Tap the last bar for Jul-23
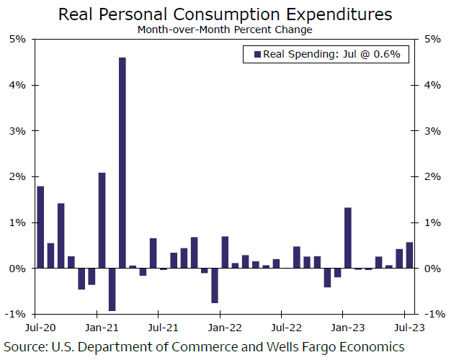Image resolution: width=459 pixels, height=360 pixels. (x=409, y=255)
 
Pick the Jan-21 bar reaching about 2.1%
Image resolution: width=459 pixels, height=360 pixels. (x=102, y=220)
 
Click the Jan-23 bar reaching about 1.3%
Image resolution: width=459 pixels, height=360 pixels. (x=348, y=238)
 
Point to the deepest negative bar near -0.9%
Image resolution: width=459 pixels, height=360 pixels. (x=112, y=289)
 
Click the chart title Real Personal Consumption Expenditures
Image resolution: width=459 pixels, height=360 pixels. (x=226, y=14)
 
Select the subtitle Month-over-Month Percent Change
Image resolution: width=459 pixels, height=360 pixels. (x=226, y=30)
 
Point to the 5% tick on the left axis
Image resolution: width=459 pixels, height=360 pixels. (x=17, y=39)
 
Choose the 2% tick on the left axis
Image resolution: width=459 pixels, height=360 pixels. (x=17, y=176)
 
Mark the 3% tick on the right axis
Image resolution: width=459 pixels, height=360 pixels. (x=434, y=130)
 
